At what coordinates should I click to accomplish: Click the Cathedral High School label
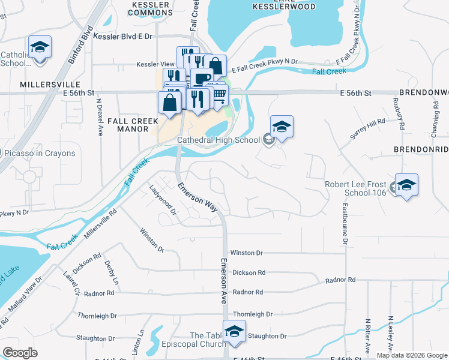(x=218, y=140)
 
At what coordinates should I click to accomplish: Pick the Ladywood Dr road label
(x=163, y=200)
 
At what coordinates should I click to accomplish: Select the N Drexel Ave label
(x=100, y=118)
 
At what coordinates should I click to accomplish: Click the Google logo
(x=20, y=353)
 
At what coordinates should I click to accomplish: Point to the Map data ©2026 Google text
(x=412, y=355)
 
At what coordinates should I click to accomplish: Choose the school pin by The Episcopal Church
(x=235, y=331)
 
